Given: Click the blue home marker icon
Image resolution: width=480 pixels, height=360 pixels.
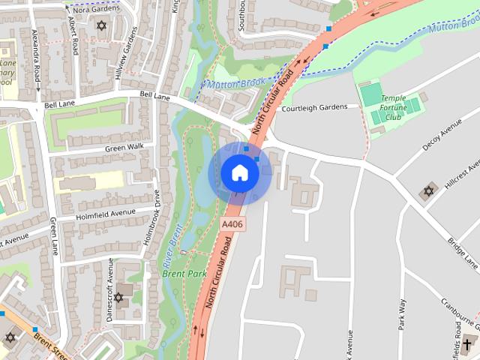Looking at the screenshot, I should coord(239,173).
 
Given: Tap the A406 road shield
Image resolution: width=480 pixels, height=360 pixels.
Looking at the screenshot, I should coord(232,224).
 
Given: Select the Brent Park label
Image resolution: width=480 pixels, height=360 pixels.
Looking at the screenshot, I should coord(184,274).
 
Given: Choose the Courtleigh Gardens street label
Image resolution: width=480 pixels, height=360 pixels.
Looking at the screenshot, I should coord(314,108).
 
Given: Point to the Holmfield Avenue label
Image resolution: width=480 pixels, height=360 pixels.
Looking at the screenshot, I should coord(106,212).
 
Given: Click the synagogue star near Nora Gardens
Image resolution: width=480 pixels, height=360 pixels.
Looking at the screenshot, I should coord(102,26).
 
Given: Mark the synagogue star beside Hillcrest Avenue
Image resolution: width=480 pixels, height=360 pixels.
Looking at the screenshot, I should coord(428,191).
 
